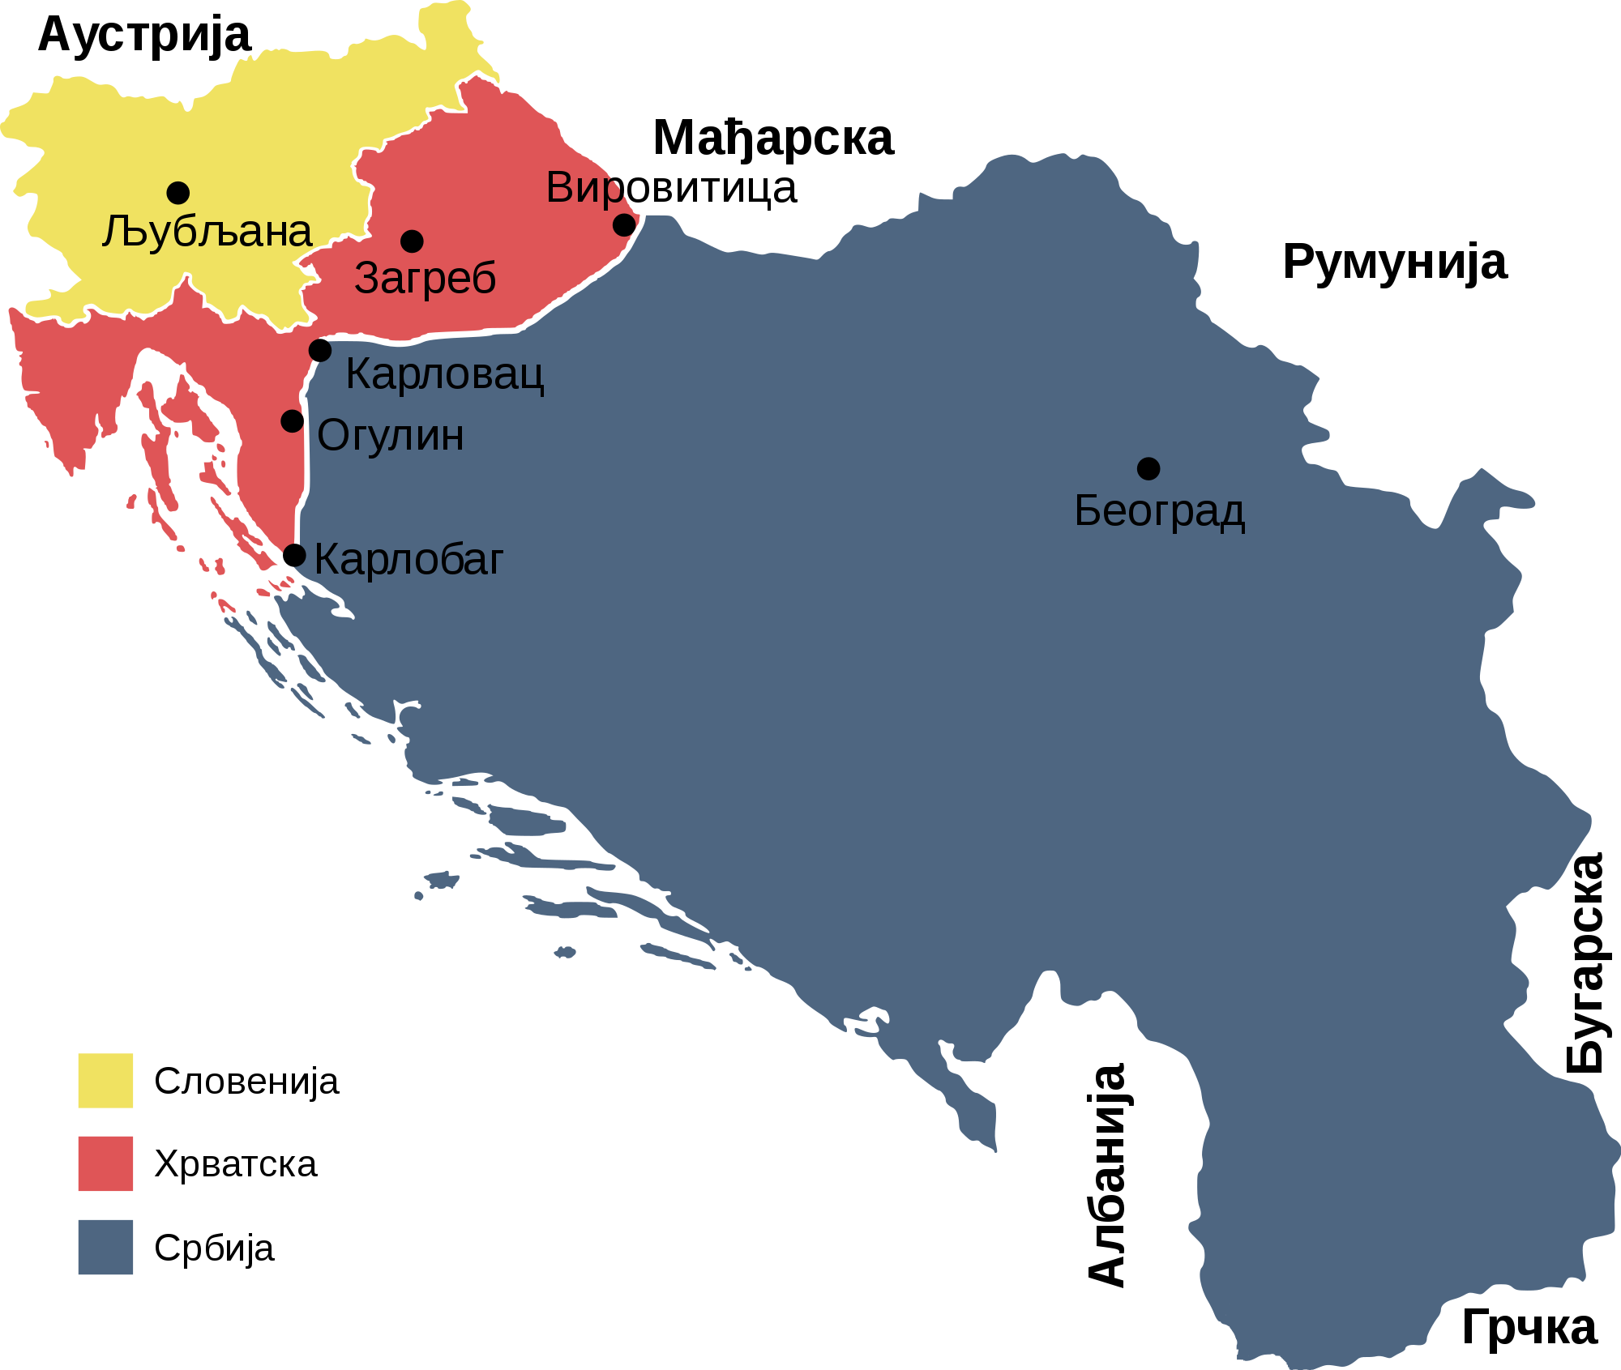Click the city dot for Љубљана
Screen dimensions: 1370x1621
178,193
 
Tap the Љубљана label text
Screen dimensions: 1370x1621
207,233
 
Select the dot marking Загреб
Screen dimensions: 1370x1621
412,241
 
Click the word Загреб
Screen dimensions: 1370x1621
425,279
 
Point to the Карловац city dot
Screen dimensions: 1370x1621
320,351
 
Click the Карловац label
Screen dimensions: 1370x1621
444,374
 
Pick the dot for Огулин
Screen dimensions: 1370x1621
292,421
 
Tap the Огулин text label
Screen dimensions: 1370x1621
391,436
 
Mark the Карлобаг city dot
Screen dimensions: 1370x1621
294,556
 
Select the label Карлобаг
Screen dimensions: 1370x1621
408,559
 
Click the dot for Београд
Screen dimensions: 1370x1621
1148,468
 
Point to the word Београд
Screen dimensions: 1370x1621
1159,511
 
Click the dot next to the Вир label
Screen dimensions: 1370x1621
623,224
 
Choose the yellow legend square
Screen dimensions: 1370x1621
105,1081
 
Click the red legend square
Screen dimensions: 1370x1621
105,1163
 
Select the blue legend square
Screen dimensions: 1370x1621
105,1247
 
